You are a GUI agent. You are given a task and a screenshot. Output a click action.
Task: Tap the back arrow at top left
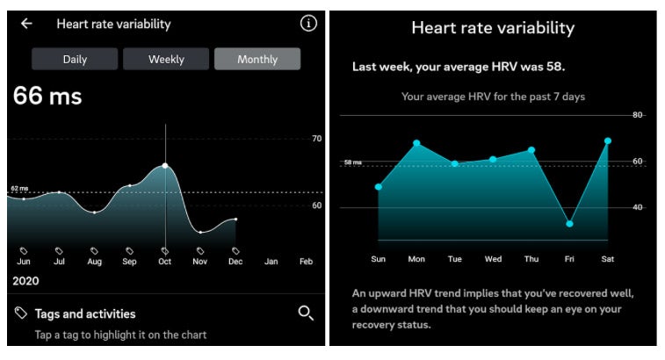26,24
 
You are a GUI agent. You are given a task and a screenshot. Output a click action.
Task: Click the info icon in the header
307,24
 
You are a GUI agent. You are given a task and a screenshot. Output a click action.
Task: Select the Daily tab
75,59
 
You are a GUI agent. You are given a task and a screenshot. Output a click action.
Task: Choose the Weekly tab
166,59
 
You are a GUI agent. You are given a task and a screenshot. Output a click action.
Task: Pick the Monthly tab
257,59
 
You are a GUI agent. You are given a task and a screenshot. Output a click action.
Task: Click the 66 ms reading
47,96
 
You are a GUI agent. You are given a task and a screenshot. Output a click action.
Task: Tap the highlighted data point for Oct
165,165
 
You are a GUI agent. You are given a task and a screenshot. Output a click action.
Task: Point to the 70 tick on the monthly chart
316,139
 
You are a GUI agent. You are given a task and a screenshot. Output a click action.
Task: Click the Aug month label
94,262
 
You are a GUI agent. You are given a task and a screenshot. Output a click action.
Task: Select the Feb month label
306,262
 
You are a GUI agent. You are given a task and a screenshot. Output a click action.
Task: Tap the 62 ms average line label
19,188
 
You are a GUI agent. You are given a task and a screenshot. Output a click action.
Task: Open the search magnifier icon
306,313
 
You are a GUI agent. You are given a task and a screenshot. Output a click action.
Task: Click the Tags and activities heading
84,313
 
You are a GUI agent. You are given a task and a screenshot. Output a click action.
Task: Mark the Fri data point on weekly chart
569,224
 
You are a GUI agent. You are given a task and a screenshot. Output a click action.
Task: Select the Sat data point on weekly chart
607,140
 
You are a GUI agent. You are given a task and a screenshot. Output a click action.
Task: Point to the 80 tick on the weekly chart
638,115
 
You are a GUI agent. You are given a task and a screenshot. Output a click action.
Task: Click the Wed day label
493,259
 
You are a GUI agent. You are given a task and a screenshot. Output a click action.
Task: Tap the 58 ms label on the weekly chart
352,162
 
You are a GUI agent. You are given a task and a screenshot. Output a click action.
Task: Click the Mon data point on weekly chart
416,143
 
